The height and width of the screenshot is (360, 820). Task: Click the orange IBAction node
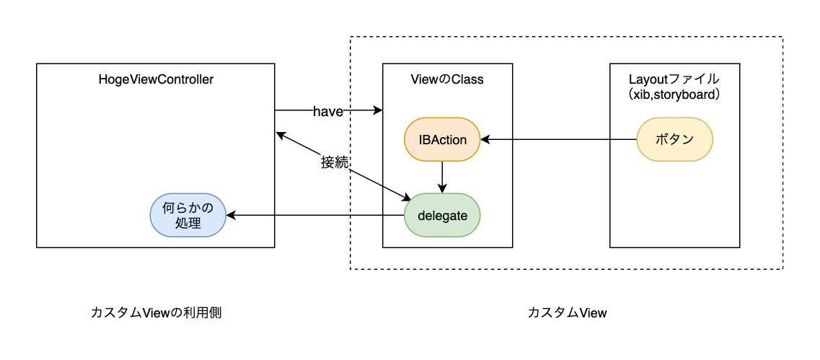pyautogui.click(x=442, y=139)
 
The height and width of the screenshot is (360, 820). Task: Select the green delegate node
pyautogui.click(x=442, y=215)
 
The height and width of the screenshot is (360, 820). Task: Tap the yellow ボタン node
pyautogui.click(x=674, y=139)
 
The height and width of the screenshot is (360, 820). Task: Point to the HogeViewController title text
pyautogui.click(x=156, y=80)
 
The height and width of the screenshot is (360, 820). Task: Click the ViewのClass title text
pyautogui.click(x=447, y=80)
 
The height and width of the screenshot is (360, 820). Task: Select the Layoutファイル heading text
pyautogui.click(x=674, y=79)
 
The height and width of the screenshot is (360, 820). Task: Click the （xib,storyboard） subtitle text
pyautogui.click(x=674, y=95)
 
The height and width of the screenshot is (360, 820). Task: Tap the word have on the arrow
pyautogui.click(x=327, y=111)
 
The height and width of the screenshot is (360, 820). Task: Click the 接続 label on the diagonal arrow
pyautogui.click(x=335, y=163)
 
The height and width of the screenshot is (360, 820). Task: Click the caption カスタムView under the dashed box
pyautogui.click(x=567, y=312)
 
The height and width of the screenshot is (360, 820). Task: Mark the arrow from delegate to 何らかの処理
pyautogui.click(x=310, y=215)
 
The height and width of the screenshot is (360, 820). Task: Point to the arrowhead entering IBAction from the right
pyautogui.click(x=486, y=139)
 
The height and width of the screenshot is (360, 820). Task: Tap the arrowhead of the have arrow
pyautogui.click(x=377, y=111)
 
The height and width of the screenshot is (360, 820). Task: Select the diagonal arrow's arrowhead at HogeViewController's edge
pyautogui.click(x=280, y=134)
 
